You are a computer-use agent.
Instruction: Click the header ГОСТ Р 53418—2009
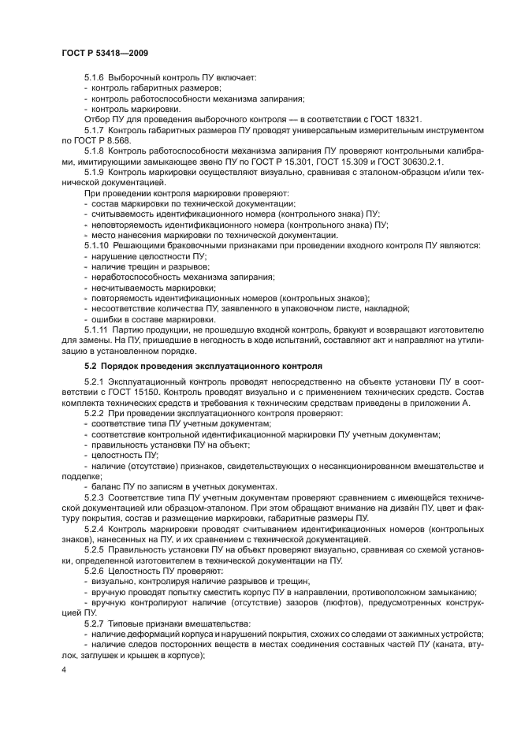coord(105,53)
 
